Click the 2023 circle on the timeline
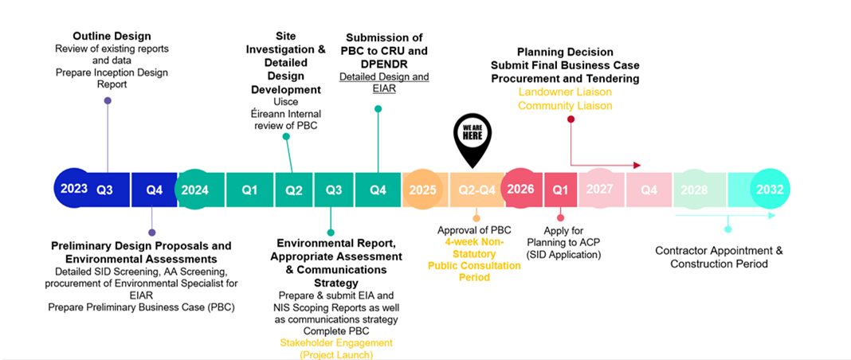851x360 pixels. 74,190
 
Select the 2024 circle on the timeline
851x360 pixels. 195,190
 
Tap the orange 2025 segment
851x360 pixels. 422,190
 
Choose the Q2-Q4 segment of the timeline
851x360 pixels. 477,190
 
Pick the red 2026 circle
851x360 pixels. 520,190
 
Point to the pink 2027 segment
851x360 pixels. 599,190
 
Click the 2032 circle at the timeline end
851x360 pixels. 771,190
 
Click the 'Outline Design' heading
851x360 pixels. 112,36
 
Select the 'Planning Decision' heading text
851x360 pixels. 565,52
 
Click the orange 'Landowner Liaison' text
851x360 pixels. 565,92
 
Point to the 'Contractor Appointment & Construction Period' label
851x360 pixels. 719,256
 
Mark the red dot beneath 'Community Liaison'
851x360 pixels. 571,119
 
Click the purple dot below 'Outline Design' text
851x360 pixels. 108,100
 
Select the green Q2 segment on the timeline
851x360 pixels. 294,190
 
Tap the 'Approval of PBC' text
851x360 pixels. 476,231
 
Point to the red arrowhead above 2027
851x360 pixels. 636,165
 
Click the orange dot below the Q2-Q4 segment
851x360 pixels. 476,217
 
